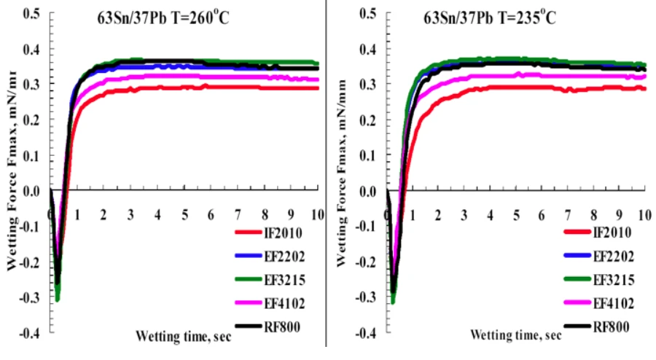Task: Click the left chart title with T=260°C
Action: [165, 18]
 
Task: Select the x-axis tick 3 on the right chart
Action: [464, 216]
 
